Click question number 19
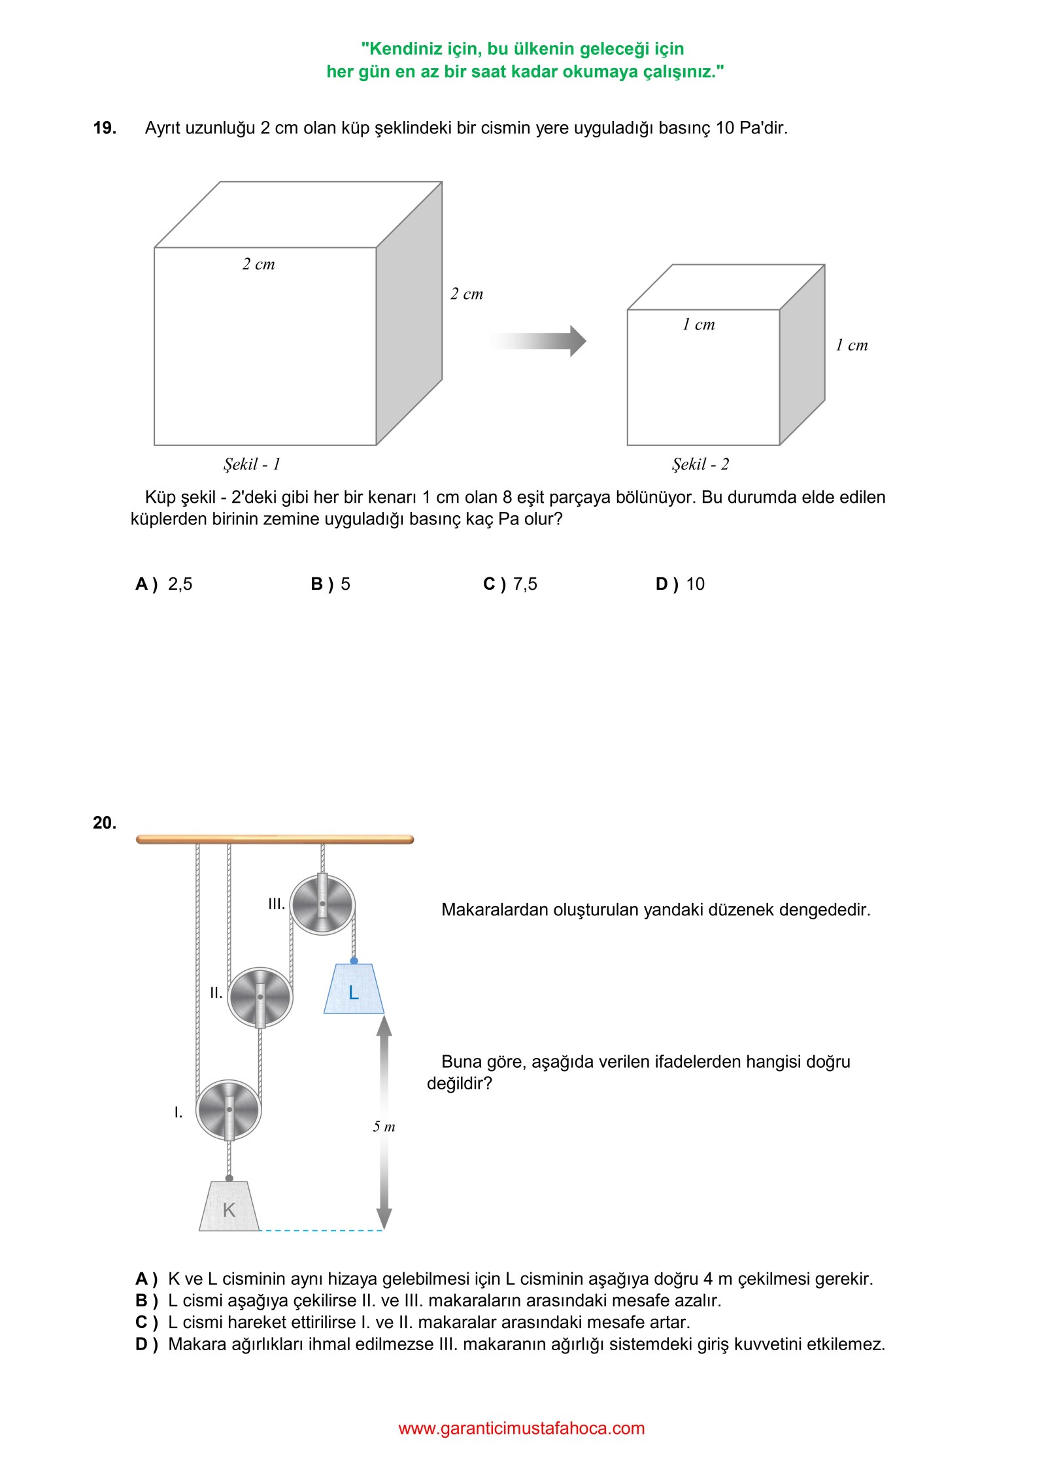coord(105,128)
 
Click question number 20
coord(105,823)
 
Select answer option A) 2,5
coord(164,584)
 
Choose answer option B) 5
coord(331,584)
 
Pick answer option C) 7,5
coord(510,584)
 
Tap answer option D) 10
coord(680,584)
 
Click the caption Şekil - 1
coord(252,464)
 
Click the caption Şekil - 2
coord(700,464)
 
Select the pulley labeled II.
coord(260,997)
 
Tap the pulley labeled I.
coord(229,1110)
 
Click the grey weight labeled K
coord(229,1208)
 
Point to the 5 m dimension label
coord(384,1127)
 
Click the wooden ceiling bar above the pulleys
coord(275,839)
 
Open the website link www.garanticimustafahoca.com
coord(522,1428)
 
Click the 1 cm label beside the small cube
coord(851,345)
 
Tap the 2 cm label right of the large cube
coord(467,294)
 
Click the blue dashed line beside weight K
coord(322,1231)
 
